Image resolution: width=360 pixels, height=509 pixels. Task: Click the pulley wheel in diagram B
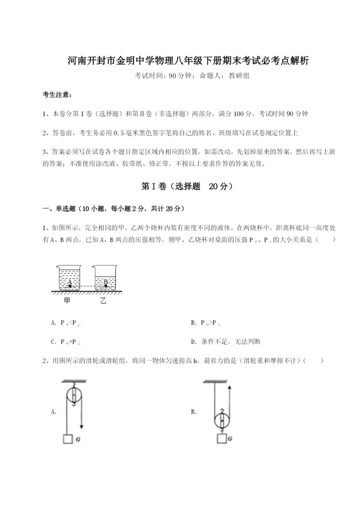tap(222, 420)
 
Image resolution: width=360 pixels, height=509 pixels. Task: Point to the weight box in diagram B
tap(222, 439)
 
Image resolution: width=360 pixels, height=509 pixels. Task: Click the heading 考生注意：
tap(57, 95)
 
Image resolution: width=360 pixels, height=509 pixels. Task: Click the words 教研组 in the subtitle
tap(239, 76)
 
